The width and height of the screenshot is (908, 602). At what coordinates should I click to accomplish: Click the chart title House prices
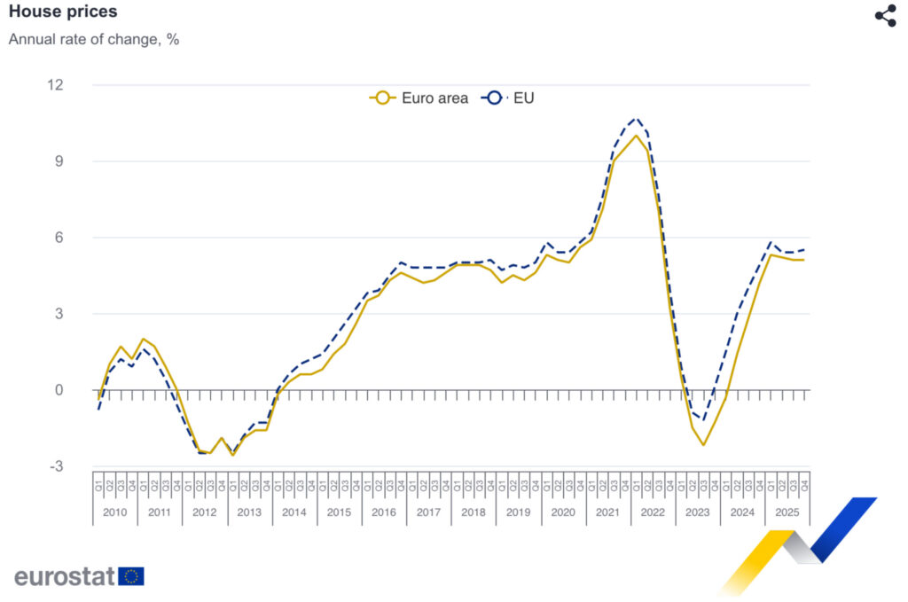[62, 12]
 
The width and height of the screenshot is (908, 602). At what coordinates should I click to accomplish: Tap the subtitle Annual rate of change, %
[94, 40]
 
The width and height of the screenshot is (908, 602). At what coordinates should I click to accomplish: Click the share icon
[885, 16]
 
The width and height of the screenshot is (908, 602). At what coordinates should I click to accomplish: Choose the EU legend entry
[508, 98]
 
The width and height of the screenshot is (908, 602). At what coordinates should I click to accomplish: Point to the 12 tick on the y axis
[55, 85]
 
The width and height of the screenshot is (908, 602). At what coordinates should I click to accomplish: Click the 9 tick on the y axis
[59, 161]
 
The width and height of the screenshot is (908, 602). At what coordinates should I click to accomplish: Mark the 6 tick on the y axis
[59, 238]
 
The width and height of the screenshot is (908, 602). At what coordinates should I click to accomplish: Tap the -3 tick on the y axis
[55, 466]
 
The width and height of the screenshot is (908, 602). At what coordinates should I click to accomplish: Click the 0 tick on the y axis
[59, 390]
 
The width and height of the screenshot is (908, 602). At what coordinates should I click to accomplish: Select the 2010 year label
[115, 512]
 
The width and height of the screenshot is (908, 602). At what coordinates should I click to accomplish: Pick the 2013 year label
[249, 512]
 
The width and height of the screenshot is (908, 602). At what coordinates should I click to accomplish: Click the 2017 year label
[428, 512]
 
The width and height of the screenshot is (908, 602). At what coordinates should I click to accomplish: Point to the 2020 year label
[563, 512]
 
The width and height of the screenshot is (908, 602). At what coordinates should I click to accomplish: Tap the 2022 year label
[653, 512]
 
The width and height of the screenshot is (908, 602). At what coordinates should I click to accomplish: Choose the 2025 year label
[787, 512]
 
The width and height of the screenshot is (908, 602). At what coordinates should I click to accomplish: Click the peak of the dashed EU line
[636, 118]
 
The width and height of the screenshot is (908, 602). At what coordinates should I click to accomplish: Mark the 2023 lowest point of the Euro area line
[703, 444]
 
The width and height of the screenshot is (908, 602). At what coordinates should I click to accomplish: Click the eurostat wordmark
[65, 576]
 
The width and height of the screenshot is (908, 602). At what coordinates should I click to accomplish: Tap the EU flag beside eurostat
[131, 576]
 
